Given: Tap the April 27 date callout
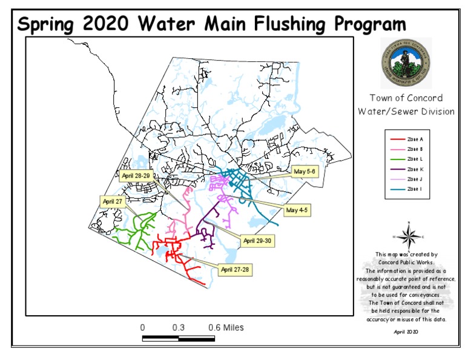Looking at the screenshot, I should click(x=112, y=201).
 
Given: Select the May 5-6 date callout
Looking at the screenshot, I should click(x=305, y=172).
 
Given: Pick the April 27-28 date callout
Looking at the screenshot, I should click(x=236, y=269).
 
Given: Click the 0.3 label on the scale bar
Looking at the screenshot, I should click(x=178, y=327).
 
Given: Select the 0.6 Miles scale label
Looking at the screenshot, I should click(x=226, y=327).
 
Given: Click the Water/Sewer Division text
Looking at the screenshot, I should click(x=406, y=112).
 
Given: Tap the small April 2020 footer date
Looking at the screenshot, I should click(x=406, y=332).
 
